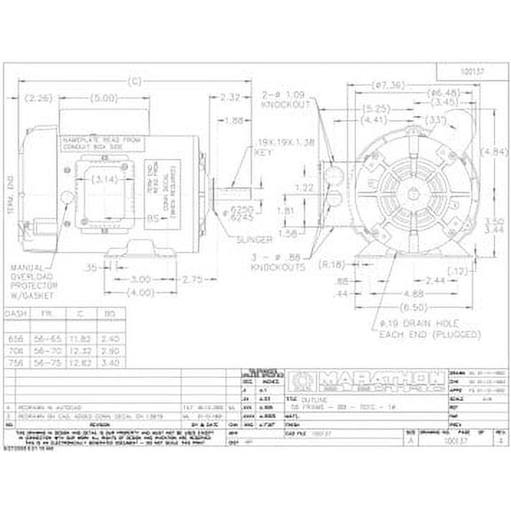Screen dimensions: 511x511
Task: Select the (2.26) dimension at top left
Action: (42, 98)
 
